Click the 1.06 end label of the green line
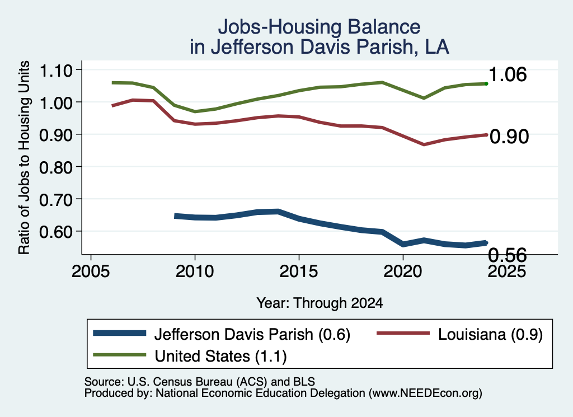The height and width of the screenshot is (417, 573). tap(507, 74)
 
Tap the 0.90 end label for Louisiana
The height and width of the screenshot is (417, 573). tap(509, 137)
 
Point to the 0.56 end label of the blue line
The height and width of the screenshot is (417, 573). tap(507, 255)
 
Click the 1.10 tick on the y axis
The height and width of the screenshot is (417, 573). tap(55, 70)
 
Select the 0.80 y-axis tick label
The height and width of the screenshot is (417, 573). tap(55, 167)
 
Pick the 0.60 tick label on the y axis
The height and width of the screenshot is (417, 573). tap(55, 232)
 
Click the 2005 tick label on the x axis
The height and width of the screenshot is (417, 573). tap(91, 271)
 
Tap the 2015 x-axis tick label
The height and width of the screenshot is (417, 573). tap(299, 271)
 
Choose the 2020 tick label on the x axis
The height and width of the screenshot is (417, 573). tap(403, 271)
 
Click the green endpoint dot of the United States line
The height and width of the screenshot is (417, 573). tap(486, 84)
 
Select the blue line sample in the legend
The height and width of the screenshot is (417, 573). tap(120, 333)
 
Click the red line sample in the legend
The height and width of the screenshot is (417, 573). tap(403, 333)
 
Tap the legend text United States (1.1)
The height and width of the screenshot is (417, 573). tap(220, 356)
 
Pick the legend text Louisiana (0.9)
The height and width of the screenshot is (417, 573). tap(490, 334)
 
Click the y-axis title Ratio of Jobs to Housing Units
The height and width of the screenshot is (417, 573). tap(24, 157)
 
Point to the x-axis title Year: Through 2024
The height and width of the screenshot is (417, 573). tap(320, 303)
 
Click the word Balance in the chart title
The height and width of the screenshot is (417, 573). tap(384, 27)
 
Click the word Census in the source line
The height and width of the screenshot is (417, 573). tap(174, 382)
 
